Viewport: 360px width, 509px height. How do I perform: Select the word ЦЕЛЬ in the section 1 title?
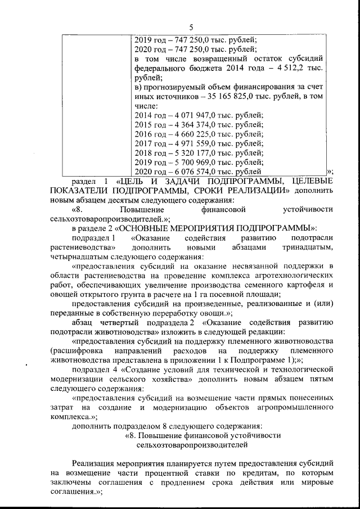point(134,181)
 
